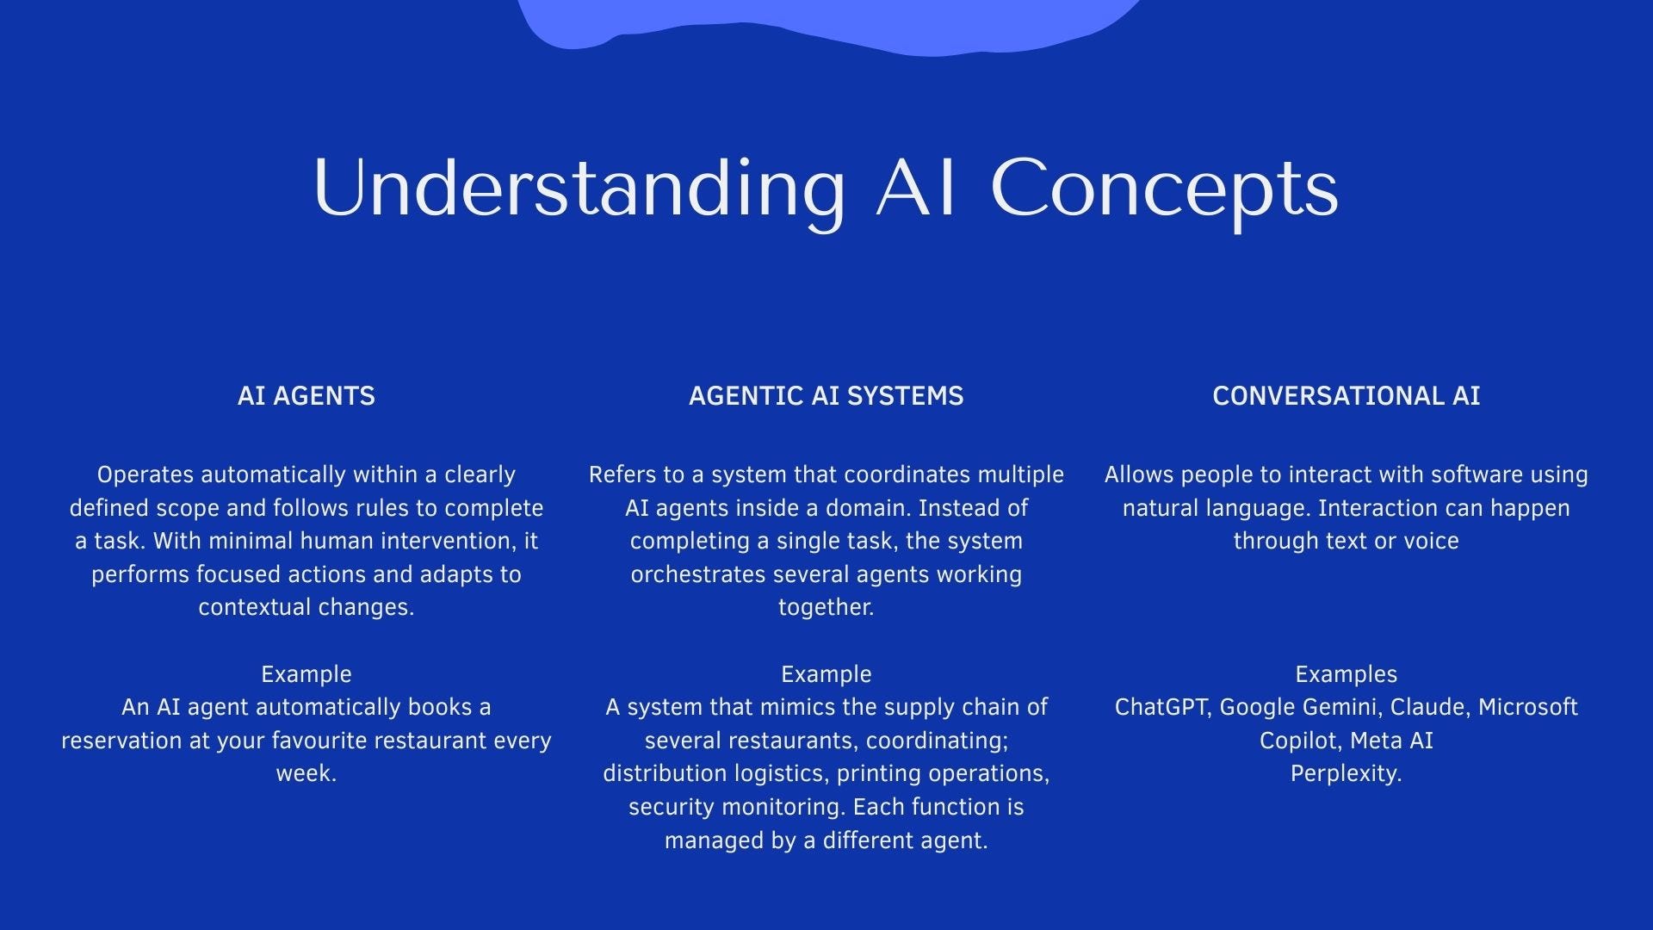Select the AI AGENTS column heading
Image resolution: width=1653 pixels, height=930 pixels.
306,396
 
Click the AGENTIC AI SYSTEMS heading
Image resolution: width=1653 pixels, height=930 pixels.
826,396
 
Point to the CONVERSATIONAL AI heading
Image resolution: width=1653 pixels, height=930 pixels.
1346,396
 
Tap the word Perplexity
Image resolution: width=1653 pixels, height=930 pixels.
1346,774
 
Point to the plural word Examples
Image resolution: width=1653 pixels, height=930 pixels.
1346,674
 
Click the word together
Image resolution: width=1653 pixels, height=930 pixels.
826,608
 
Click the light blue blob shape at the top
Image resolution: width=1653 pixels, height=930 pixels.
826,22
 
